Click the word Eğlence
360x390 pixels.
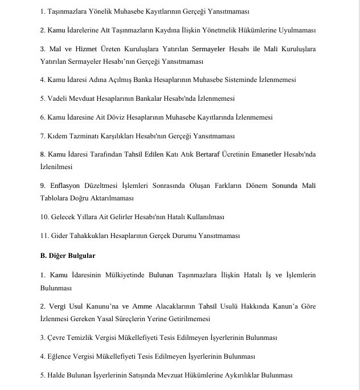pos(60,356)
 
